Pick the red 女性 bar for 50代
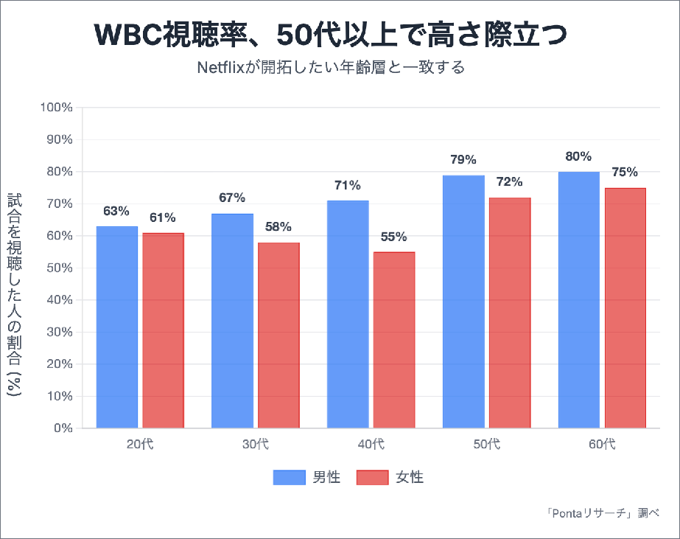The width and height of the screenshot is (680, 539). tap(509, 313)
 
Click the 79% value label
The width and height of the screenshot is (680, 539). tap(464, 159)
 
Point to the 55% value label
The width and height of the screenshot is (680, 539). tap(393, 237)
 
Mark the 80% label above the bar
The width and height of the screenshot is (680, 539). tap(578, 156)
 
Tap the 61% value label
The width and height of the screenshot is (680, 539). tap(162, 218)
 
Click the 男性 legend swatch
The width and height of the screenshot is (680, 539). tap(289, 477)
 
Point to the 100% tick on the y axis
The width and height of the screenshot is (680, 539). tap(56, 108)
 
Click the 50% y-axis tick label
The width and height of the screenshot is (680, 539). tap(59, 268)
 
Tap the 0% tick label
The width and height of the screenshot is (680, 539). tap(62, 428)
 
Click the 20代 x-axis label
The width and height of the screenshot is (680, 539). tap(140, 444)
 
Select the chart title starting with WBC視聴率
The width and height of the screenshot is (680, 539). tap(332, 35)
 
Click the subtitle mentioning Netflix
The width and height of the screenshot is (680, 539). tap(332, 68)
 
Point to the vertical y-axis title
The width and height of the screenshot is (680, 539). tap(15, 295)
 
